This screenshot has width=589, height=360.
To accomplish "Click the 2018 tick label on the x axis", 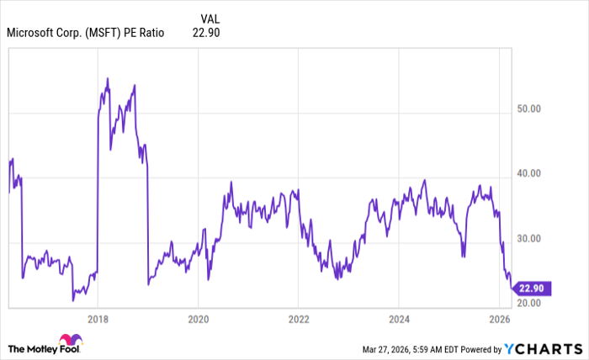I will click(98, 319).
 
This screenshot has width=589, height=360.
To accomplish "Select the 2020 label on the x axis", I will click(198, 319).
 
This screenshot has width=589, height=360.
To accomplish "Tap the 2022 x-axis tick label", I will click(299, 319).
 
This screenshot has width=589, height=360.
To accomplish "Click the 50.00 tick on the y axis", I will click(528, 109).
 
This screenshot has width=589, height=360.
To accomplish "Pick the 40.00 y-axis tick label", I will click(528, 173).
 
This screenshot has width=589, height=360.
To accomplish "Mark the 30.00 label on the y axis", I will click(528, 238).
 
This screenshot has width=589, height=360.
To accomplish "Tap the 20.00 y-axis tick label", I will click(528, 303).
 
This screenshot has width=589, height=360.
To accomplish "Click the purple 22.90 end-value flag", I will click(532, 287).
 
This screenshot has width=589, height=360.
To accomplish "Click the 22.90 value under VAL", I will click(206, 33).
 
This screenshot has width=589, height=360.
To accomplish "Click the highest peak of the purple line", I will click(107, 78).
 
